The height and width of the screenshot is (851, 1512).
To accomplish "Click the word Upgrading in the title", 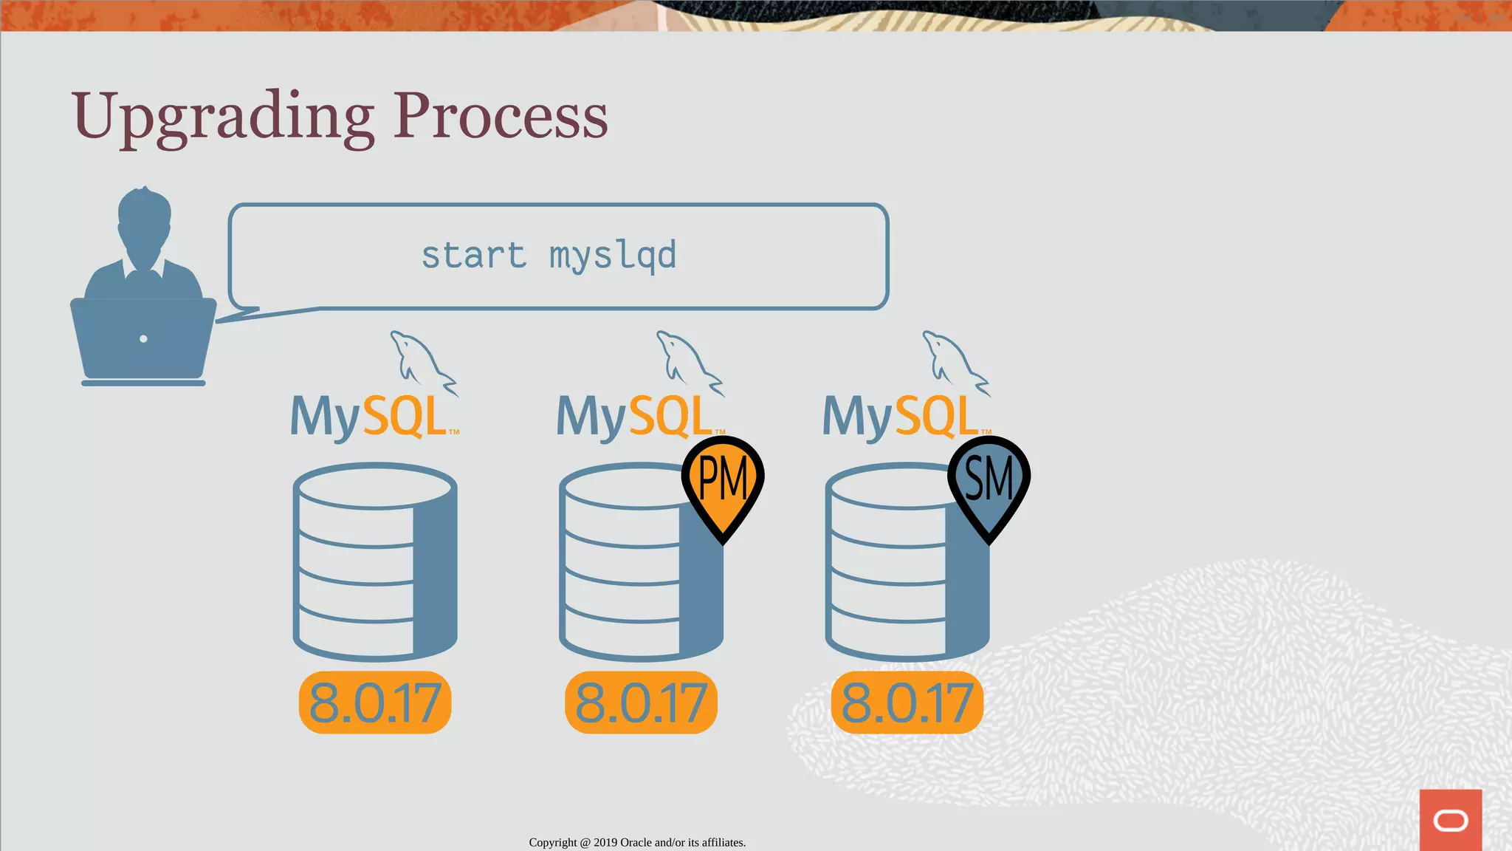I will (222, 117).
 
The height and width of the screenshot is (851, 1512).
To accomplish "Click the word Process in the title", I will (500, 117).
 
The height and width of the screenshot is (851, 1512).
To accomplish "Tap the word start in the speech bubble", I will (472, 256).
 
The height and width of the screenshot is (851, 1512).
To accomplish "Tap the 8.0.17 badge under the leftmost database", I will (375, 703).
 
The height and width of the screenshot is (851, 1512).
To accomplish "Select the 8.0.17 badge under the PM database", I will (641, 703).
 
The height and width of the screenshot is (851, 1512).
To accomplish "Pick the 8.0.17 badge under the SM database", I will (907, 703).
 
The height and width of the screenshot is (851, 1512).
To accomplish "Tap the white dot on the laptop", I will (143, 339).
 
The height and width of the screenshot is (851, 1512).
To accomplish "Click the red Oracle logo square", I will (1450, 819).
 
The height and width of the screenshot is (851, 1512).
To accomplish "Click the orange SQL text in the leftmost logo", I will (405, 417).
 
